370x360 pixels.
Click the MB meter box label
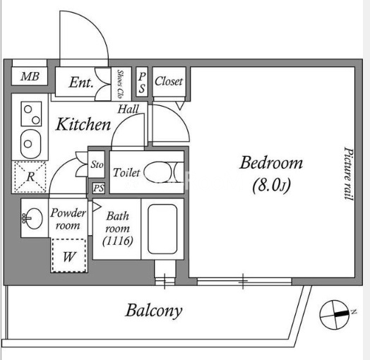tap(30, 76)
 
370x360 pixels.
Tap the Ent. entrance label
tap(81, 83)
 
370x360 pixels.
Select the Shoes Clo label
tap(120, 84)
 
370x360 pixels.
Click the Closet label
tap(169, 81)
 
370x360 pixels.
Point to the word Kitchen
tap(83, 124)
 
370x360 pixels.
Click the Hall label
tap(129, 109)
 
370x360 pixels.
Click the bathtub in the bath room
tap(162, 229)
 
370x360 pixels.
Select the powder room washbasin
tap(34, 218)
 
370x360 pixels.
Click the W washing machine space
tap(69, 256)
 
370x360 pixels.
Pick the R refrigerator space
tap(30, 176)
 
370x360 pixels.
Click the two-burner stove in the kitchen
tap(31, 114)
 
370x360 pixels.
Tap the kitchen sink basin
tap(30, 144)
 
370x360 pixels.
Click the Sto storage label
tap(97, 164)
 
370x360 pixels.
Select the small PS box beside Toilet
tap(98, 188)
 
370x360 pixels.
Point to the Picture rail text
tap(349, 174)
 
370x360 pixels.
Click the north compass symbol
tap(335, 314)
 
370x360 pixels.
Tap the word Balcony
tap(154, 311)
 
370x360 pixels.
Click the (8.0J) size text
tap(271, 186)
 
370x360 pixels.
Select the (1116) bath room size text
tap(118, 241)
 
